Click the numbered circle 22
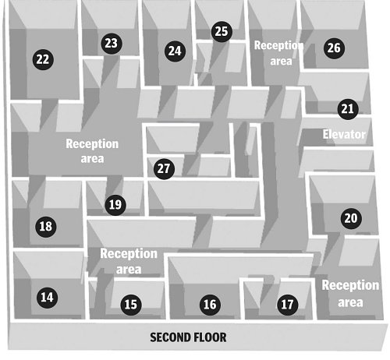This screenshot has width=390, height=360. tap(43, 59)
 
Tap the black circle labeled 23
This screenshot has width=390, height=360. tap(112, 44)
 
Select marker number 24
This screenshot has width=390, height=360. tap(175, 51)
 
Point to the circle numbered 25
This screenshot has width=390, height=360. tap(222, 32)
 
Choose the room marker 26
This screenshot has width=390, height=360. tap(334, 48)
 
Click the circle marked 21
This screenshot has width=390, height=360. tap(348, 109)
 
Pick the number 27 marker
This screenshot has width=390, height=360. tap(164, 169)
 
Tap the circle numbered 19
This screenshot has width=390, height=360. tap(115, 205)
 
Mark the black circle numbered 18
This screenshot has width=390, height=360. tap(46, 227)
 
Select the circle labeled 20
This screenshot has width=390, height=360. tap(351, 218)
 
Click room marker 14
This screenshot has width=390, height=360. tap(48, 298)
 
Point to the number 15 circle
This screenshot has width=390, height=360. tap(131, 305)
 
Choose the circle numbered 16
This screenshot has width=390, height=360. tap(210, 305)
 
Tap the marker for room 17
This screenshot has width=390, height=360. tap(288, 305)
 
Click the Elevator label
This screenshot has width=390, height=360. tap(344, 134)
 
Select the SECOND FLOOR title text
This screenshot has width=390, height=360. tap(188, 337)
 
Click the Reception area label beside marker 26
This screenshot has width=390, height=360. tap(279, 53)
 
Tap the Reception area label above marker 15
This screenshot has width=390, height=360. tap(129, 261)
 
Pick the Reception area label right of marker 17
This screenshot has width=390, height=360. tap(350, 294)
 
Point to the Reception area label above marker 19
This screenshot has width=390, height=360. tap(92, 151)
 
